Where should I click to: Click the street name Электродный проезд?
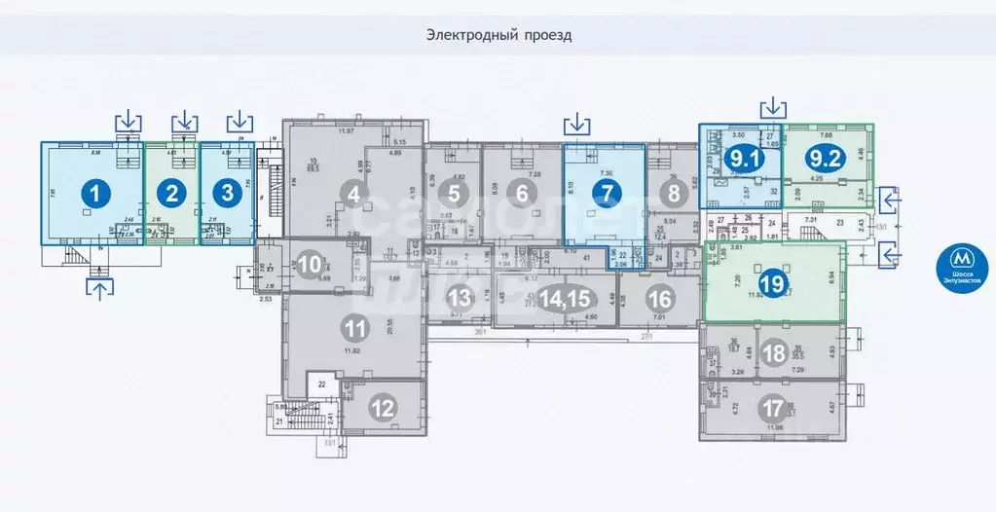[498, 35]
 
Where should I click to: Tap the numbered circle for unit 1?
[94, 193]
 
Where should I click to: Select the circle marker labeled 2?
[172, 193]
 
